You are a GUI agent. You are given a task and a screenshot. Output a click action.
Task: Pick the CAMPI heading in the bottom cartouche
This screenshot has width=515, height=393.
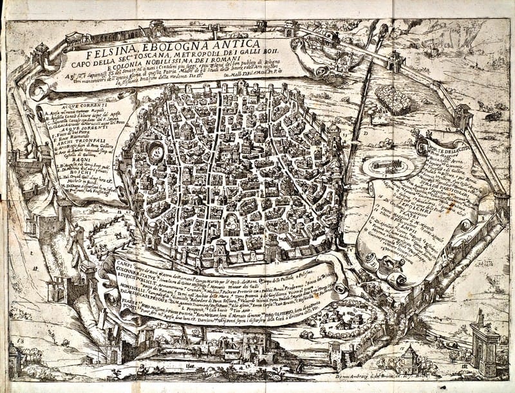click(120, 264)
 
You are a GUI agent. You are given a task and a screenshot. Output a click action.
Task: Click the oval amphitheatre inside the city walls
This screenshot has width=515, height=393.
click(157, 153)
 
